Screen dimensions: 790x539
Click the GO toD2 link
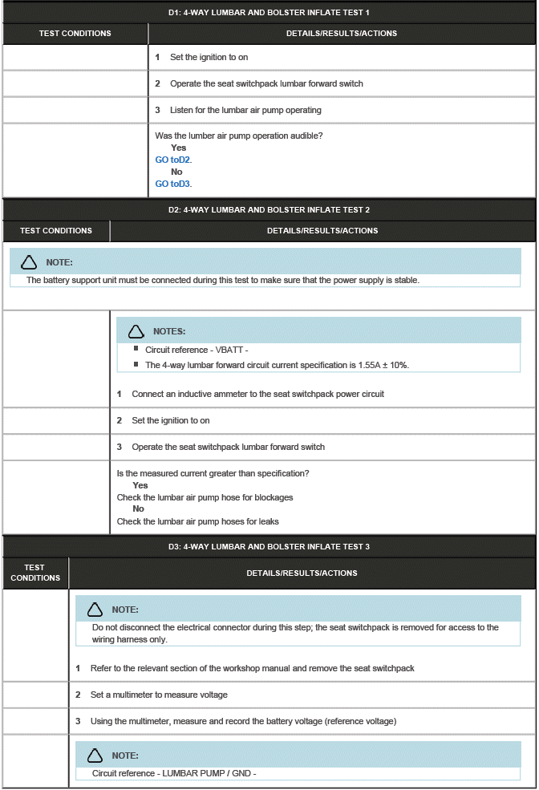pyautogui.click(x=173, y=160)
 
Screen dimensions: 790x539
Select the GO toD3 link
pyautogui.click(x=173, y=184)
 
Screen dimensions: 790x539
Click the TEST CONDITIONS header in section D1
pyautogui.click(x=75, y=34)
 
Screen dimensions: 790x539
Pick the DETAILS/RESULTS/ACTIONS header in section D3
pyautogui.click(x=302, y=573)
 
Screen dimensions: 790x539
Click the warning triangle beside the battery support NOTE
pyautogui.click(x=29, y=262)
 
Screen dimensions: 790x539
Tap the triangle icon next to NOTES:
pyautogui.click(x=136, y=331)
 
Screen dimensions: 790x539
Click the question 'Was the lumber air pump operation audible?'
pyautogui.click(x=239, y=136)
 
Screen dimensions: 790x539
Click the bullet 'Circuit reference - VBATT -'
pyautogui.click(x=197, y=350)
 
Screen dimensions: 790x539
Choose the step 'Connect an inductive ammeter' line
pyautogui.click(x=257, y=394)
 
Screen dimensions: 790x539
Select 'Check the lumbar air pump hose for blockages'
pyautogui.click(x=205, y=497)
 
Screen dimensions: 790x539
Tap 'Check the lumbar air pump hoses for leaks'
pyautogui.click(x=197, y=521)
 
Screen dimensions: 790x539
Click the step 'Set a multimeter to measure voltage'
pyautogui.click(x=159, y=695)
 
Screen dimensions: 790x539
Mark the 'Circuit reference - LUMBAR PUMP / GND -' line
pyautogui.click(x=174, y=774)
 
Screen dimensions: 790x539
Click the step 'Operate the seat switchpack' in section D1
pyautogui.click(x=266, y=83)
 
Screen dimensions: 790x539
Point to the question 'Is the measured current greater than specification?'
pyautogui.click(x=213, y=473)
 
